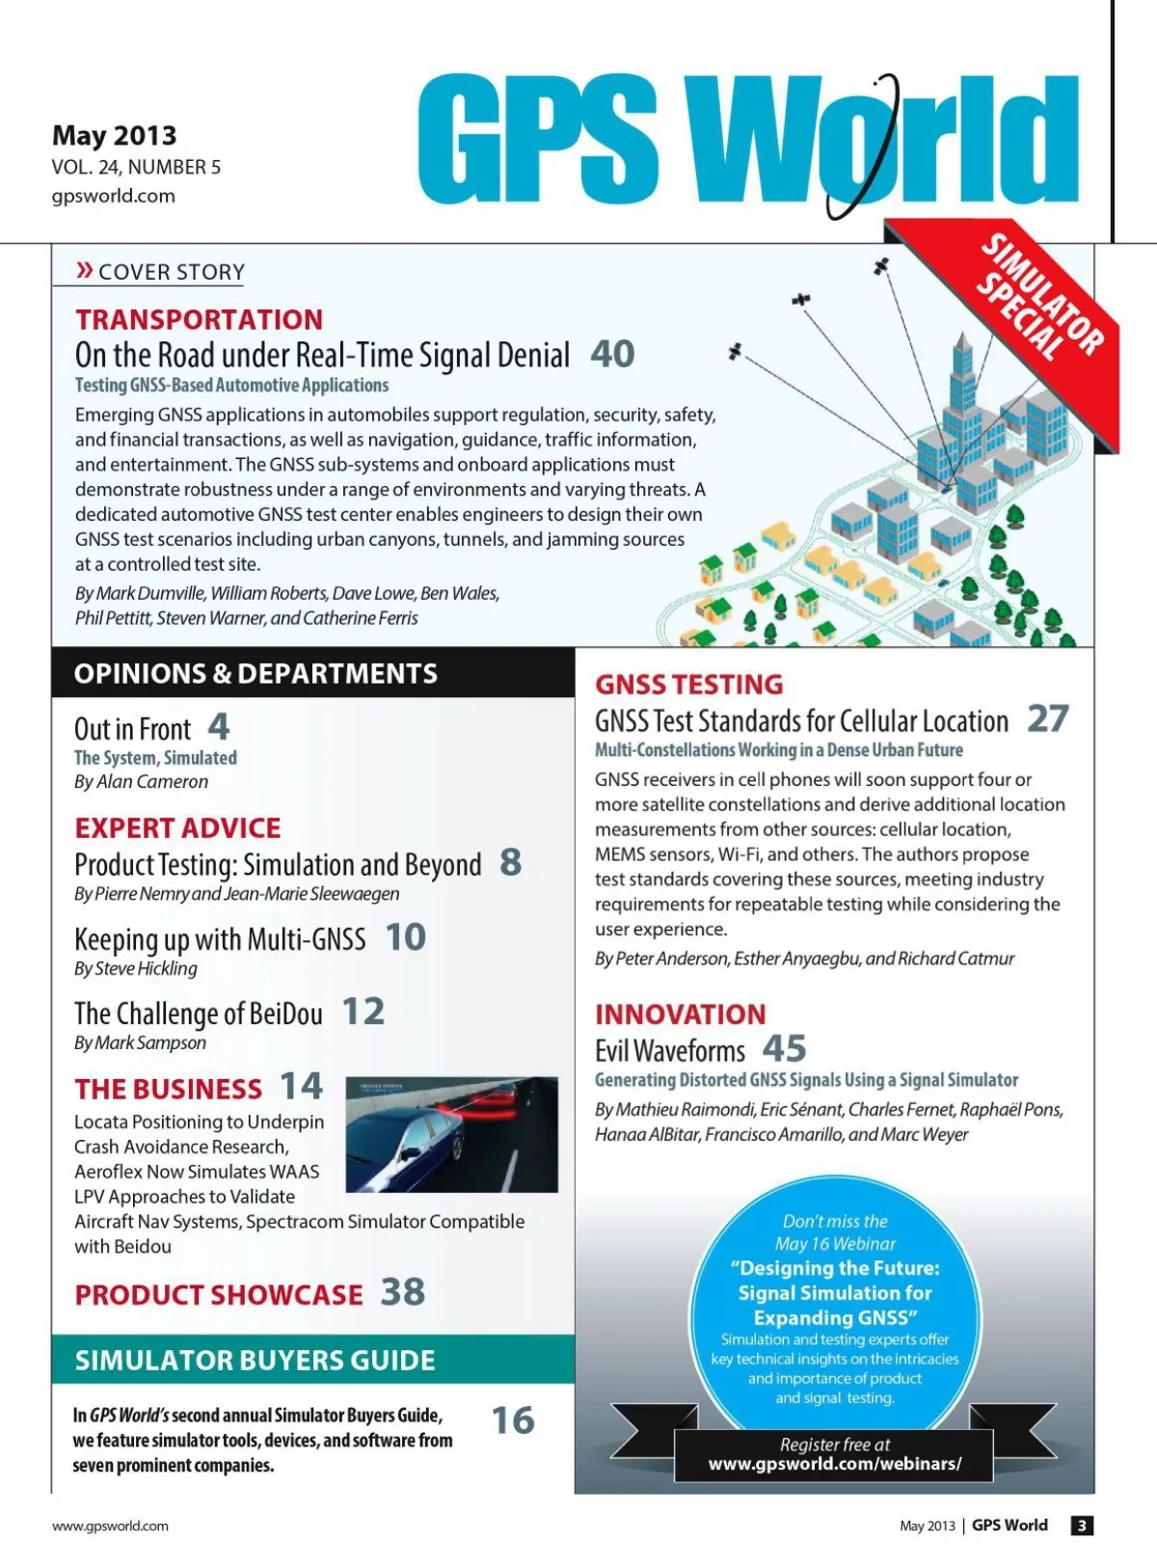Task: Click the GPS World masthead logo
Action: tap(747, 140)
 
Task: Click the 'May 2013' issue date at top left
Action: tap(115, 135)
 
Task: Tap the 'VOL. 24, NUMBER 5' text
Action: tap(136, 168)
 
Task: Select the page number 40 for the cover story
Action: tap(612, 354)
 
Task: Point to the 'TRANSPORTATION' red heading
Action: tap(200, 319)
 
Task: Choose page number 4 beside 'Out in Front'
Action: tap(219, 726)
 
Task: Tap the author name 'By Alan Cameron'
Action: tap(141, 782)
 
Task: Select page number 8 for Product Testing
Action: tap(510, 862)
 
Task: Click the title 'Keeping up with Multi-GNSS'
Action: tap(220, 939)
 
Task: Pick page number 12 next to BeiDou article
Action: tap(363, 1012)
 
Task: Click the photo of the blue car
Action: tap(451, 1134)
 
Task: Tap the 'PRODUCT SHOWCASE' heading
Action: tap(219, 1295)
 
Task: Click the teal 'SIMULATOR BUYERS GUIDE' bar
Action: tap(312, 1360)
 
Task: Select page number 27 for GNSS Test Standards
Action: tap(1048, 718)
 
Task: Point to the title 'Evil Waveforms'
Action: tap(670, 1050)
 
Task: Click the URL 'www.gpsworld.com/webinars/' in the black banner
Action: tap(835, 1464)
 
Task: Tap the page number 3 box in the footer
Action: tap(1082, 1526)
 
